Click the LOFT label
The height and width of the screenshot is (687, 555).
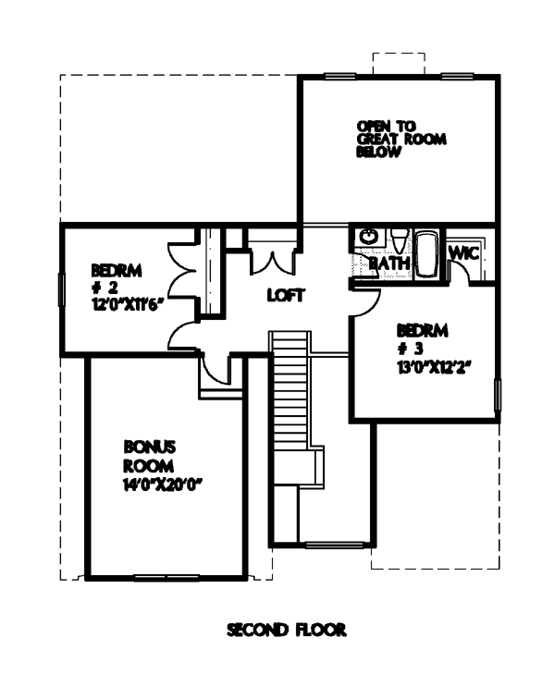(286, 295)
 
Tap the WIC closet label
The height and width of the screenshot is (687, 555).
(464, 252)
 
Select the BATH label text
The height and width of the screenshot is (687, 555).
(389, 264)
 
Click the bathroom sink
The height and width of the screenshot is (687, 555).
(368, 237)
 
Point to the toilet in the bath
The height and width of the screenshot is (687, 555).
(399, 240)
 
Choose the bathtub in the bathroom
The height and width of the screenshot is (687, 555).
(426, 253)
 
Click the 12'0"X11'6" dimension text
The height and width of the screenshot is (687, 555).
(125, 303)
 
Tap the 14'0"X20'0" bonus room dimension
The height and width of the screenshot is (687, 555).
(165, 485)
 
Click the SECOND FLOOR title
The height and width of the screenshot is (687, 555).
(287, 630)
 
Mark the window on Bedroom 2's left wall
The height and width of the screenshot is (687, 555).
(62, 289)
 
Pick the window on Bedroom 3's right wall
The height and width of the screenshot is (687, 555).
(497, 395)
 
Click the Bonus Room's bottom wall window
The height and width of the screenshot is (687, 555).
(166, 578)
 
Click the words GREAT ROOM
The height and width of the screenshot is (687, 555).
(401, 140)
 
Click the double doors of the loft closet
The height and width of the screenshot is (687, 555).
(272, 264)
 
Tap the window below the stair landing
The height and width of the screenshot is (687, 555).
(335, 545)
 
